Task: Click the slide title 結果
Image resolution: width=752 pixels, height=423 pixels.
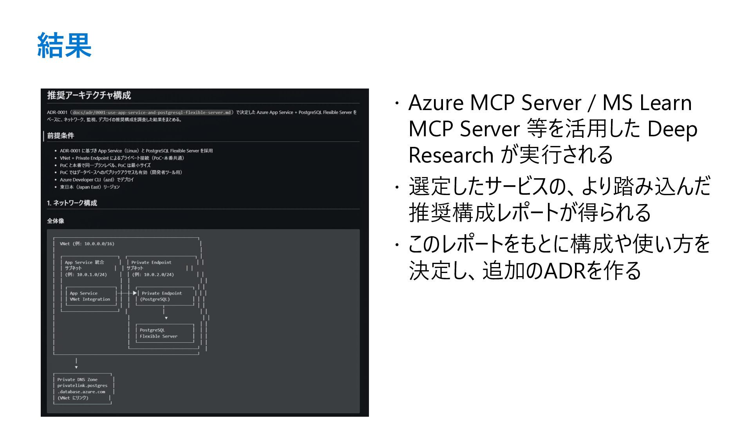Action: (x=64, y=46)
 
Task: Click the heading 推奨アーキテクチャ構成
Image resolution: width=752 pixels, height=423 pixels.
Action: (x=89, y=95)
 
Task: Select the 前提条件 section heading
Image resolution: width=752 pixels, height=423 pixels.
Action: (x=60, y=136)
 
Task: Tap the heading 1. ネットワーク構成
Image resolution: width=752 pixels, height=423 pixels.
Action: (x=72, y=203)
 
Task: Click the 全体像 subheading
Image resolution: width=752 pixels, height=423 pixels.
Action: (x=56, y=221)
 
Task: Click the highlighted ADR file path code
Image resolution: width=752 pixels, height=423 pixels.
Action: (x=152, y=112)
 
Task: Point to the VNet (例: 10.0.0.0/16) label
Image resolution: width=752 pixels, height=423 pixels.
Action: (x=87, y=244)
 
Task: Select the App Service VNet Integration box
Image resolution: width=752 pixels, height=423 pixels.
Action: (x=91, y=296)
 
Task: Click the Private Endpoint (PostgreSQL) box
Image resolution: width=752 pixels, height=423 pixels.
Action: (x=164, y=296)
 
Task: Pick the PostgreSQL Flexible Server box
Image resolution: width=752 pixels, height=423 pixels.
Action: (x=164, y=333)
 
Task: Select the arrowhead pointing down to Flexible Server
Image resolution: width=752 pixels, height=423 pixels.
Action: (x=166, y=318)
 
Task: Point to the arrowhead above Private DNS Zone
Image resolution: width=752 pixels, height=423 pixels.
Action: (x=76, y=367)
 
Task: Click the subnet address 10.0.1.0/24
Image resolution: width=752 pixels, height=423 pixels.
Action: (x=92, y=275)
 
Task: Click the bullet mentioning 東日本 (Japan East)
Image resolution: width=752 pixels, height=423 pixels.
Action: (x=90, y=187)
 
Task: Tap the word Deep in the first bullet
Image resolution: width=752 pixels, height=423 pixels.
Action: (x=672, y=129)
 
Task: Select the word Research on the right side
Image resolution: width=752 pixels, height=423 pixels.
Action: (x=451, y=155)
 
